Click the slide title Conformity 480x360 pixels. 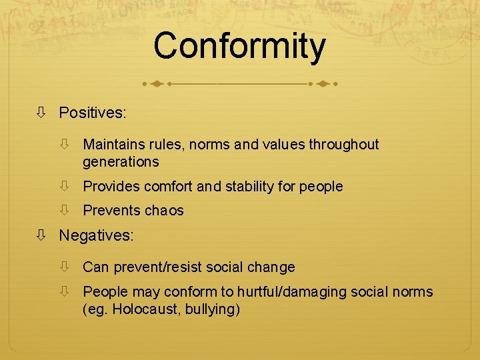point(239,47)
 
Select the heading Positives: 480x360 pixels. point(92,113)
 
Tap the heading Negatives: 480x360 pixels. point(96,235)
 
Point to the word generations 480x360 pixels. point(121,162)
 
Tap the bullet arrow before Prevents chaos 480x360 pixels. point(65,211)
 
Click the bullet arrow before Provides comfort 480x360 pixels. point(65,187)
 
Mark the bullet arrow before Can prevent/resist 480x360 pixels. point(65,267)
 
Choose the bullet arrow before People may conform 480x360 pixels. point(65,292)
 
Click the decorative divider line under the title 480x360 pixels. point(239,85)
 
